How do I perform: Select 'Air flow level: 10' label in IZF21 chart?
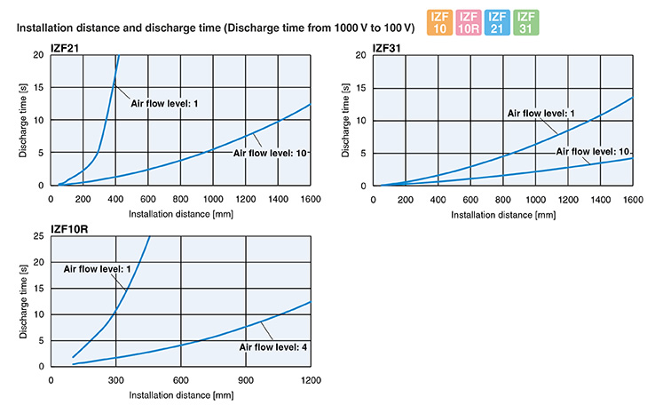[270, 154]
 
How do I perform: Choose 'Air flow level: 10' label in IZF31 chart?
[594, 151]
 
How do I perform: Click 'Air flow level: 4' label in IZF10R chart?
[271, 345]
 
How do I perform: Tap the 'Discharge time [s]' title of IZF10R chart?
[21, 302]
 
